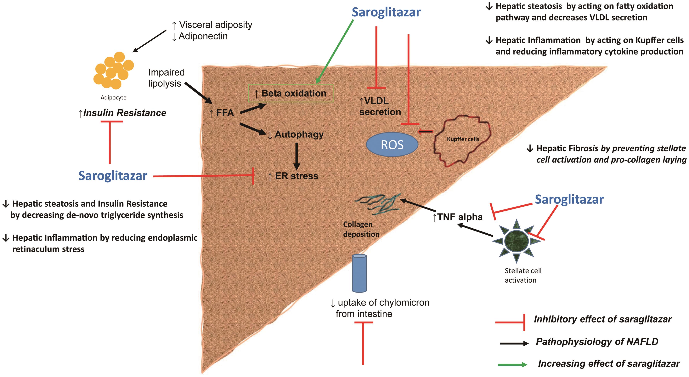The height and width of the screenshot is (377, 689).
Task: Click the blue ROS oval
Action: click(392, 145)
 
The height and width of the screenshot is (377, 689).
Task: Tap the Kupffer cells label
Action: click(463, 139)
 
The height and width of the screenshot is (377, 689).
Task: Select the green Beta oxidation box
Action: click(291, 93)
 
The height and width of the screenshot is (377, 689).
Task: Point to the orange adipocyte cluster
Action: click(113, 70)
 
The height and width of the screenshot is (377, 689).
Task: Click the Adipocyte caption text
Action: click(113, 98)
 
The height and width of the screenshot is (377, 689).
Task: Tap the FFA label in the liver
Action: click(222, 113)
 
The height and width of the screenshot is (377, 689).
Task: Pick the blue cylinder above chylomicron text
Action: click(359, 273)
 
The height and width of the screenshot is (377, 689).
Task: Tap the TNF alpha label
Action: click(457, 217)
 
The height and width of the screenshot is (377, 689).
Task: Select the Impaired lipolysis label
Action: click(166, 78)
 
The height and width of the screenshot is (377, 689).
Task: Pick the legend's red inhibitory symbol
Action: click(510, 322)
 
